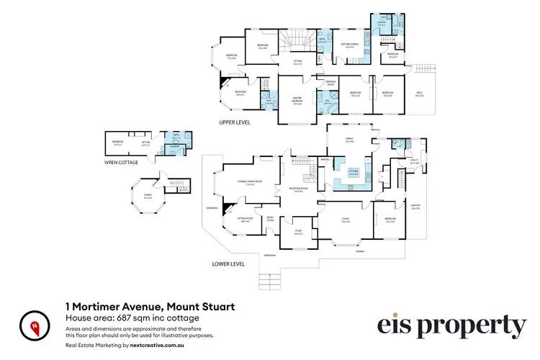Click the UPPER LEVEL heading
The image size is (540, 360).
pyautogui.click(x=235, y=123)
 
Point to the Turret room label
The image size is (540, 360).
pyautogui.click(x=148, y=196)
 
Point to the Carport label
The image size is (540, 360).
pyautogui.click(x=414, y=207)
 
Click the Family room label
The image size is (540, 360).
pyautogui.click(x=349, y=140)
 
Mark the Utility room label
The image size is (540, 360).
pyautogui.click(x=414, y=162)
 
